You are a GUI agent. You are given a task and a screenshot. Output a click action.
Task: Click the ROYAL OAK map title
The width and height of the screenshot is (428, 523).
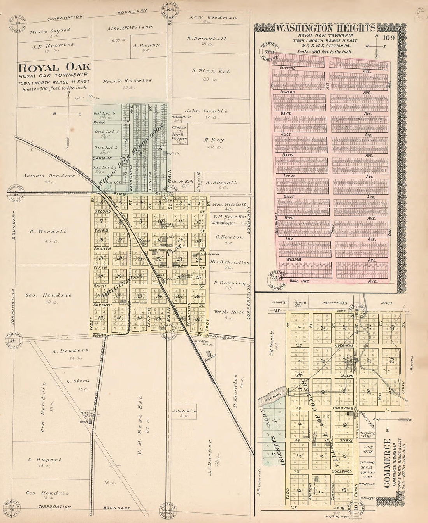point(54,67)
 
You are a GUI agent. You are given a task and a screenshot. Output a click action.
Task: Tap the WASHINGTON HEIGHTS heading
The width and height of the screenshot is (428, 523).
point(326,28)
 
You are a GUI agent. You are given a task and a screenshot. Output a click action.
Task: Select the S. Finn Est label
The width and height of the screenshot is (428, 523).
point(211,71)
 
